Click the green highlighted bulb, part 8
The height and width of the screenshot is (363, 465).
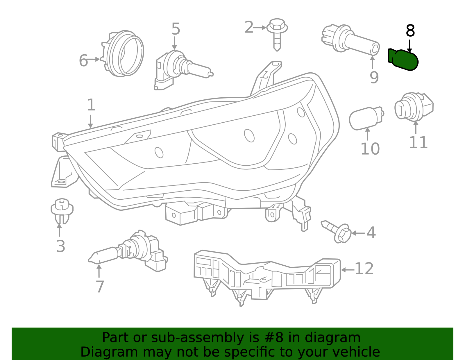[x=403, y=60]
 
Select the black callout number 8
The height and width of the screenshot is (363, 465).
[x=410, y=31]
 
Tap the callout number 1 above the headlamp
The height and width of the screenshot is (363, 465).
[x=91, y=105]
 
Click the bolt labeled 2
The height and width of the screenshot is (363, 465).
[x=277, y=35]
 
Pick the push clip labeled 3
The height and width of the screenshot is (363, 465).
[x=62, y=211]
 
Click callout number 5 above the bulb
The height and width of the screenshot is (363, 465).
[x=176, y=29]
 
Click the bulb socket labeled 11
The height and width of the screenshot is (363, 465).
[x=414, y=107]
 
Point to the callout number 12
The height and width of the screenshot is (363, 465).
[x=364, y=269]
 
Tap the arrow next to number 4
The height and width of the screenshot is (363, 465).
[x=358, y=233]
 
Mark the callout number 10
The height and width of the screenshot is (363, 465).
[x=370, y=149]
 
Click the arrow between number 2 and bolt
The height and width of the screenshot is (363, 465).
[x=260, y=28]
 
